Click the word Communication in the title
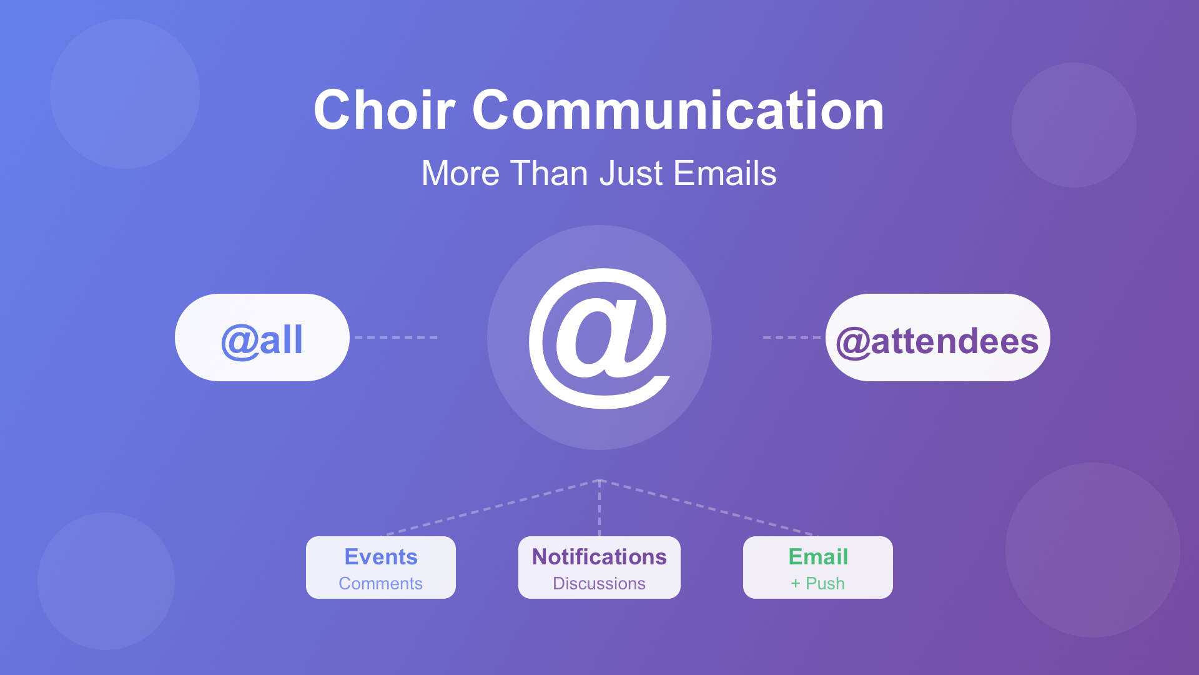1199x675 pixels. pos(678,110)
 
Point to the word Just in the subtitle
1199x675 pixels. pos(631,173)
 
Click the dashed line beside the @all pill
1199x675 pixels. pos(396,337)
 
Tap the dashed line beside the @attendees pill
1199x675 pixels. pos(792,337)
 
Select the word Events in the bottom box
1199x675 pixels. pos(381,557)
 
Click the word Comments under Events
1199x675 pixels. pos(381,584)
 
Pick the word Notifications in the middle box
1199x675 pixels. pos(599,557)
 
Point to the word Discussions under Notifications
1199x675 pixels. pos(599,584)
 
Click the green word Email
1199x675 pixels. pos(818,557)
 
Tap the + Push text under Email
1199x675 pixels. pos(818,584)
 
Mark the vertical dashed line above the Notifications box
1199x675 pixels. pos(599,508)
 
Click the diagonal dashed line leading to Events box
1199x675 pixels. pos(490,508)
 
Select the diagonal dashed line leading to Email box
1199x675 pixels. pos(709,508)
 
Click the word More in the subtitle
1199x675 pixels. pos(461,173)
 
